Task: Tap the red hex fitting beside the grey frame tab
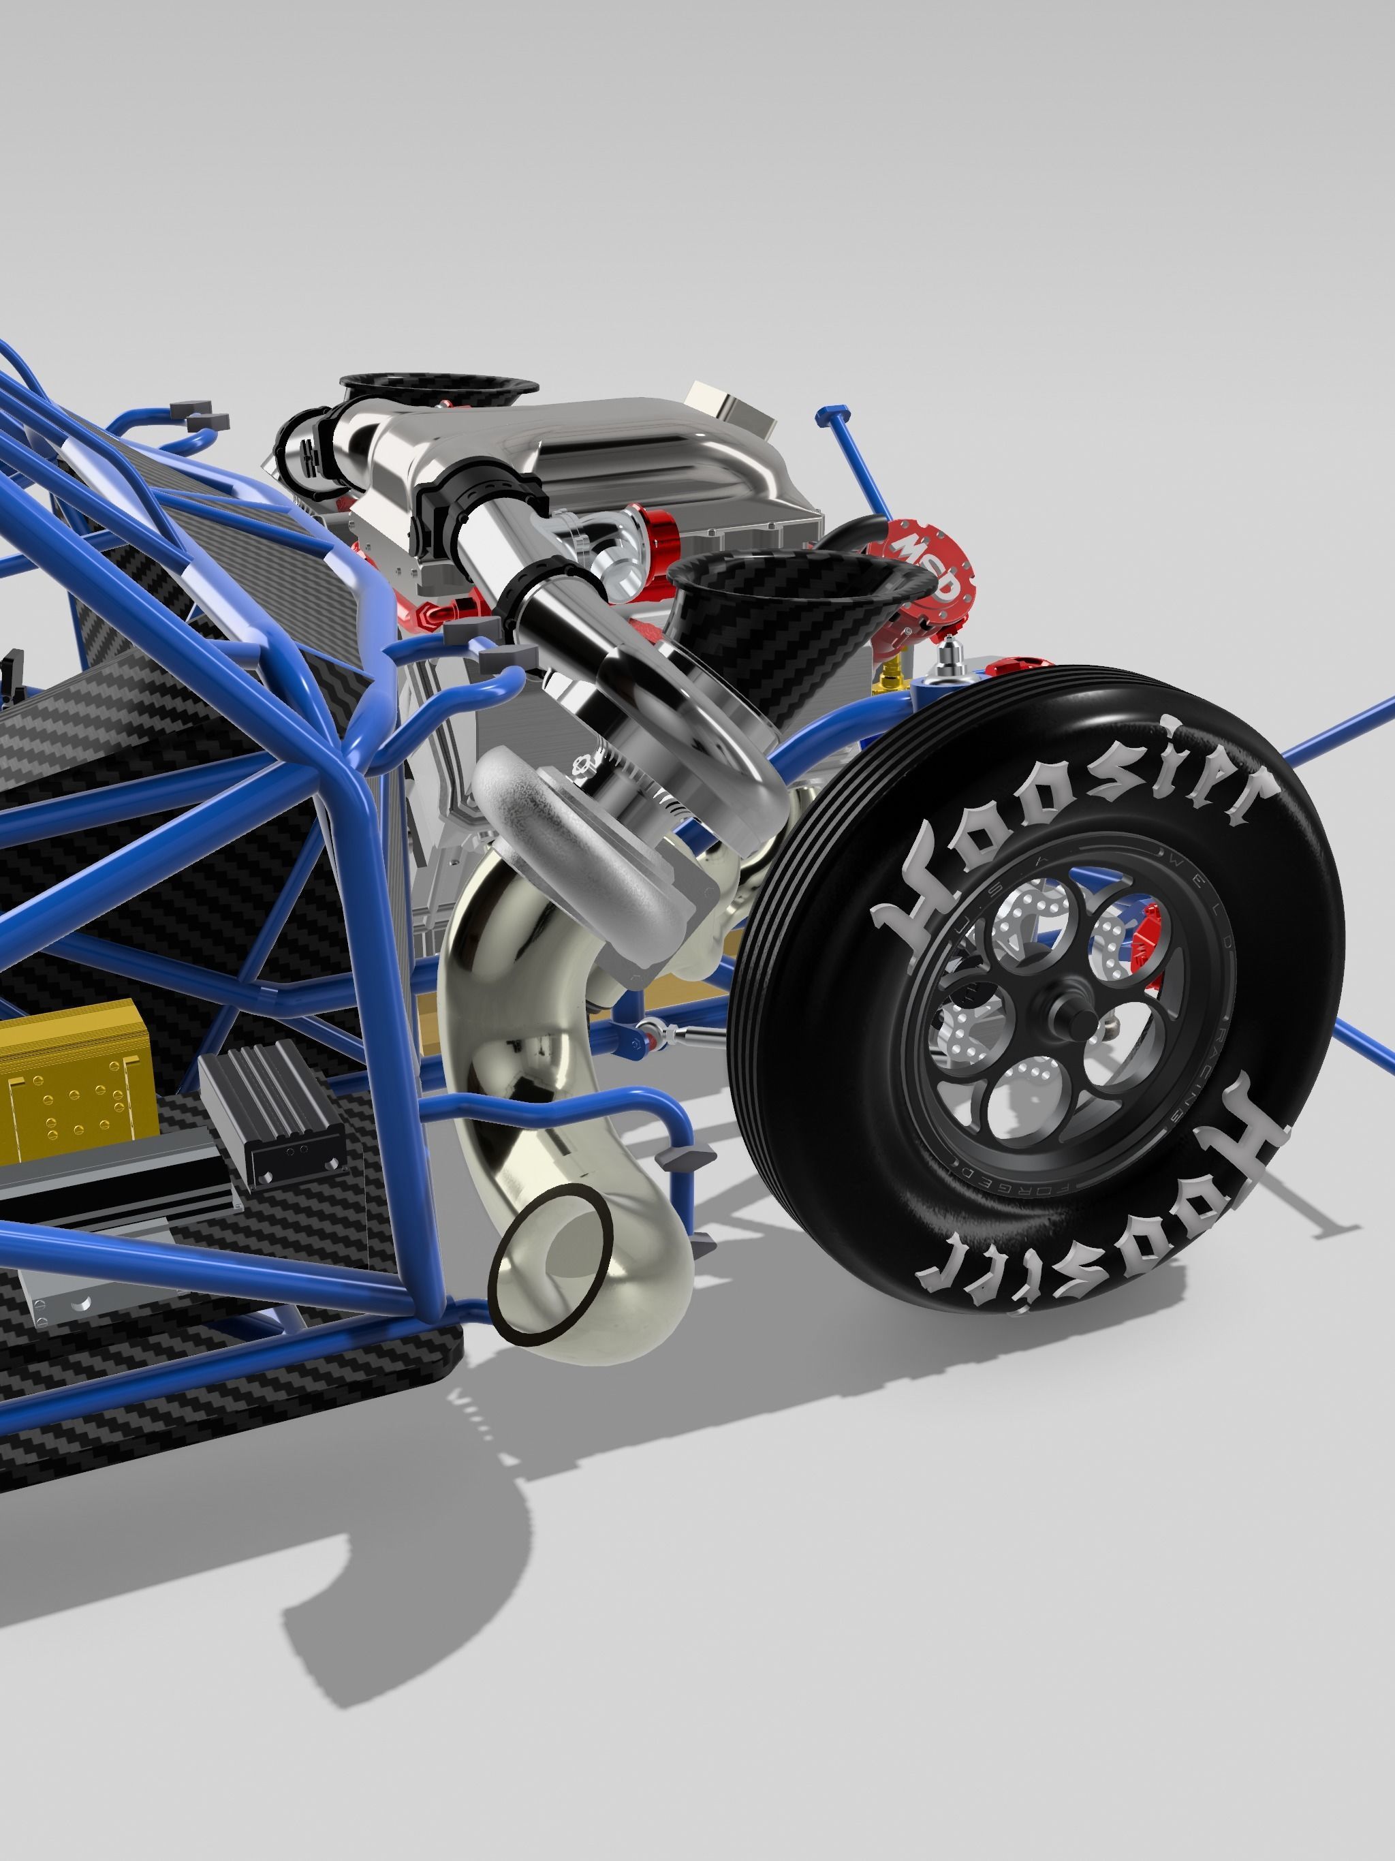pos(433,616)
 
